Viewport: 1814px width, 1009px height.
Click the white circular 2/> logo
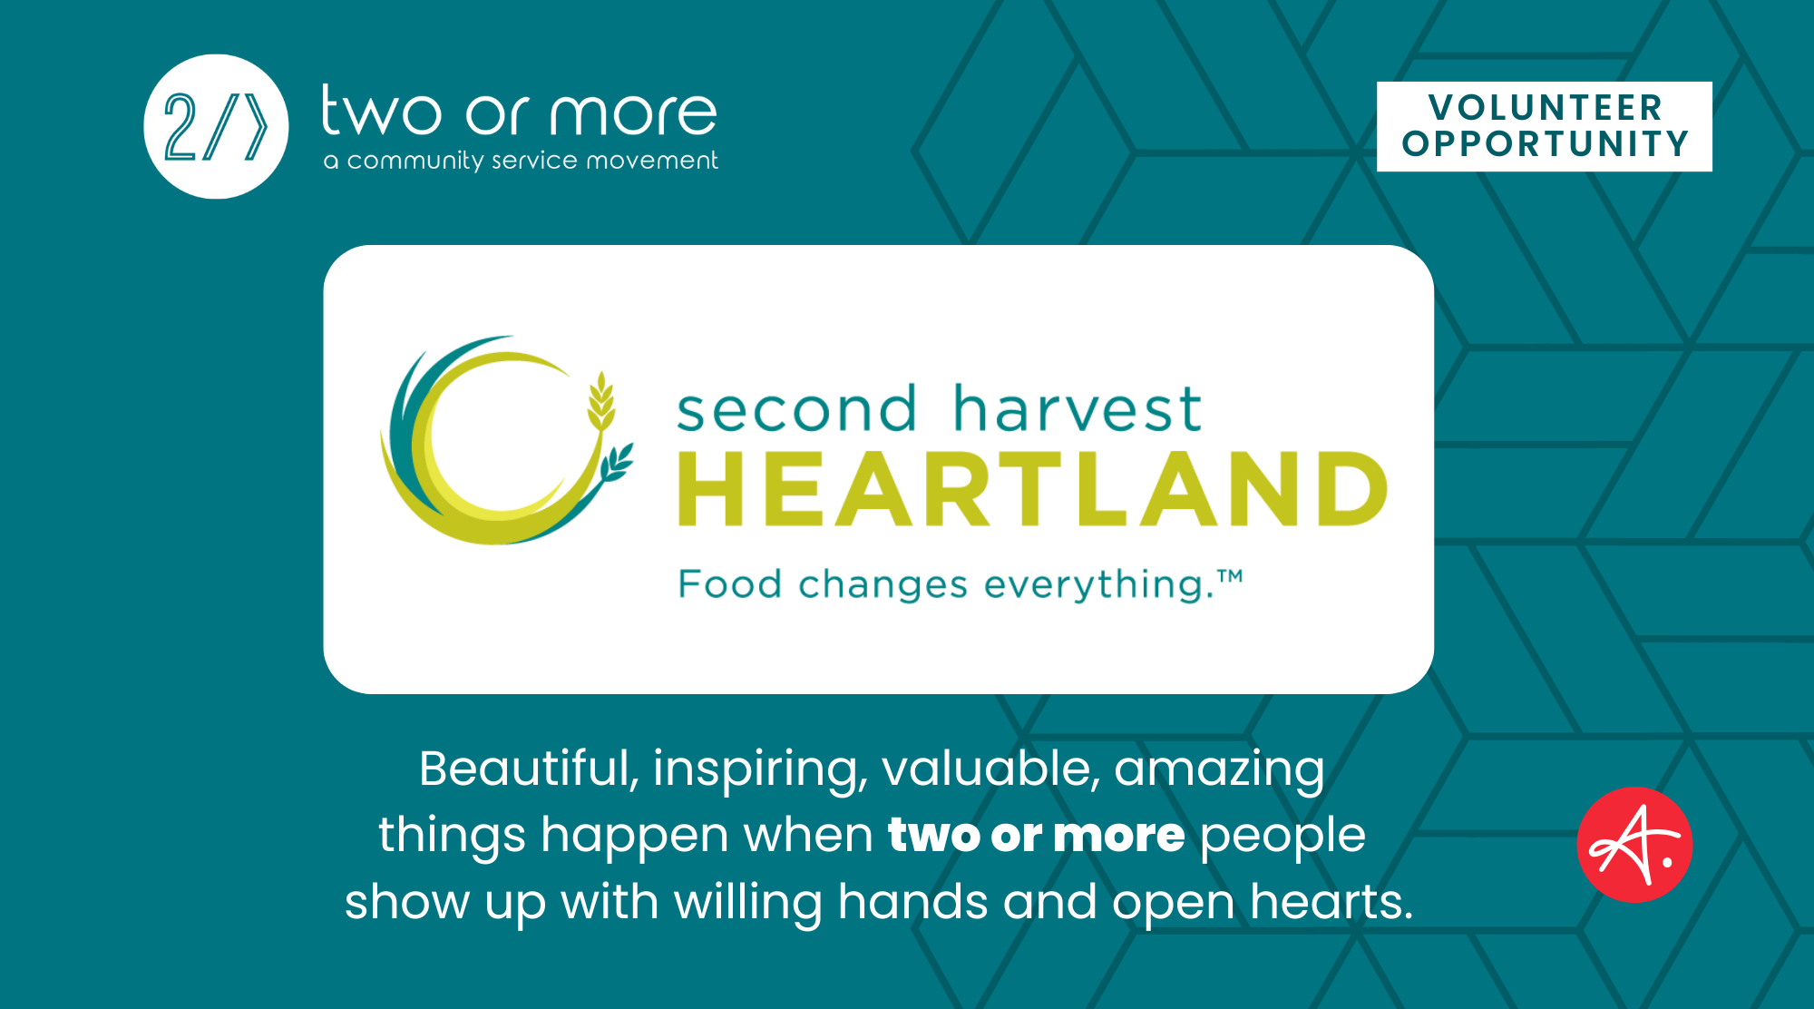[x=216, y=126]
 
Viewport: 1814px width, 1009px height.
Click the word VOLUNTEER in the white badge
[x=1546, y=107]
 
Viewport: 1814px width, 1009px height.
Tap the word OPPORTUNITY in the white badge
[x=1546, y=143]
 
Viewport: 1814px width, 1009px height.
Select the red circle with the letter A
[x=1634, y=845]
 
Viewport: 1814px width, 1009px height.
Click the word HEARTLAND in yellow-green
[x=1033, y=489]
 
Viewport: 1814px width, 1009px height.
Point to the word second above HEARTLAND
[x=797, y=408]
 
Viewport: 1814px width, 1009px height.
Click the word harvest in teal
[x=1078, y=408]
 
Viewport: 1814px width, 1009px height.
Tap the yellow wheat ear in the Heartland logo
[x=600, y=400]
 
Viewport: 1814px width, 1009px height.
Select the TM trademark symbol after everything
[x=1230, y=576]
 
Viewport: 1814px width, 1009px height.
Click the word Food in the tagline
[x=730, y=583]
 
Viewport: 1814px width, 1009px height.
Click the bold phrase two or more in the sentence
[x=1036, y=835]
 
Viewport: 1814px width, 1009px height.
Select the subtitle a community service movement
[x=521, y=161]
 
